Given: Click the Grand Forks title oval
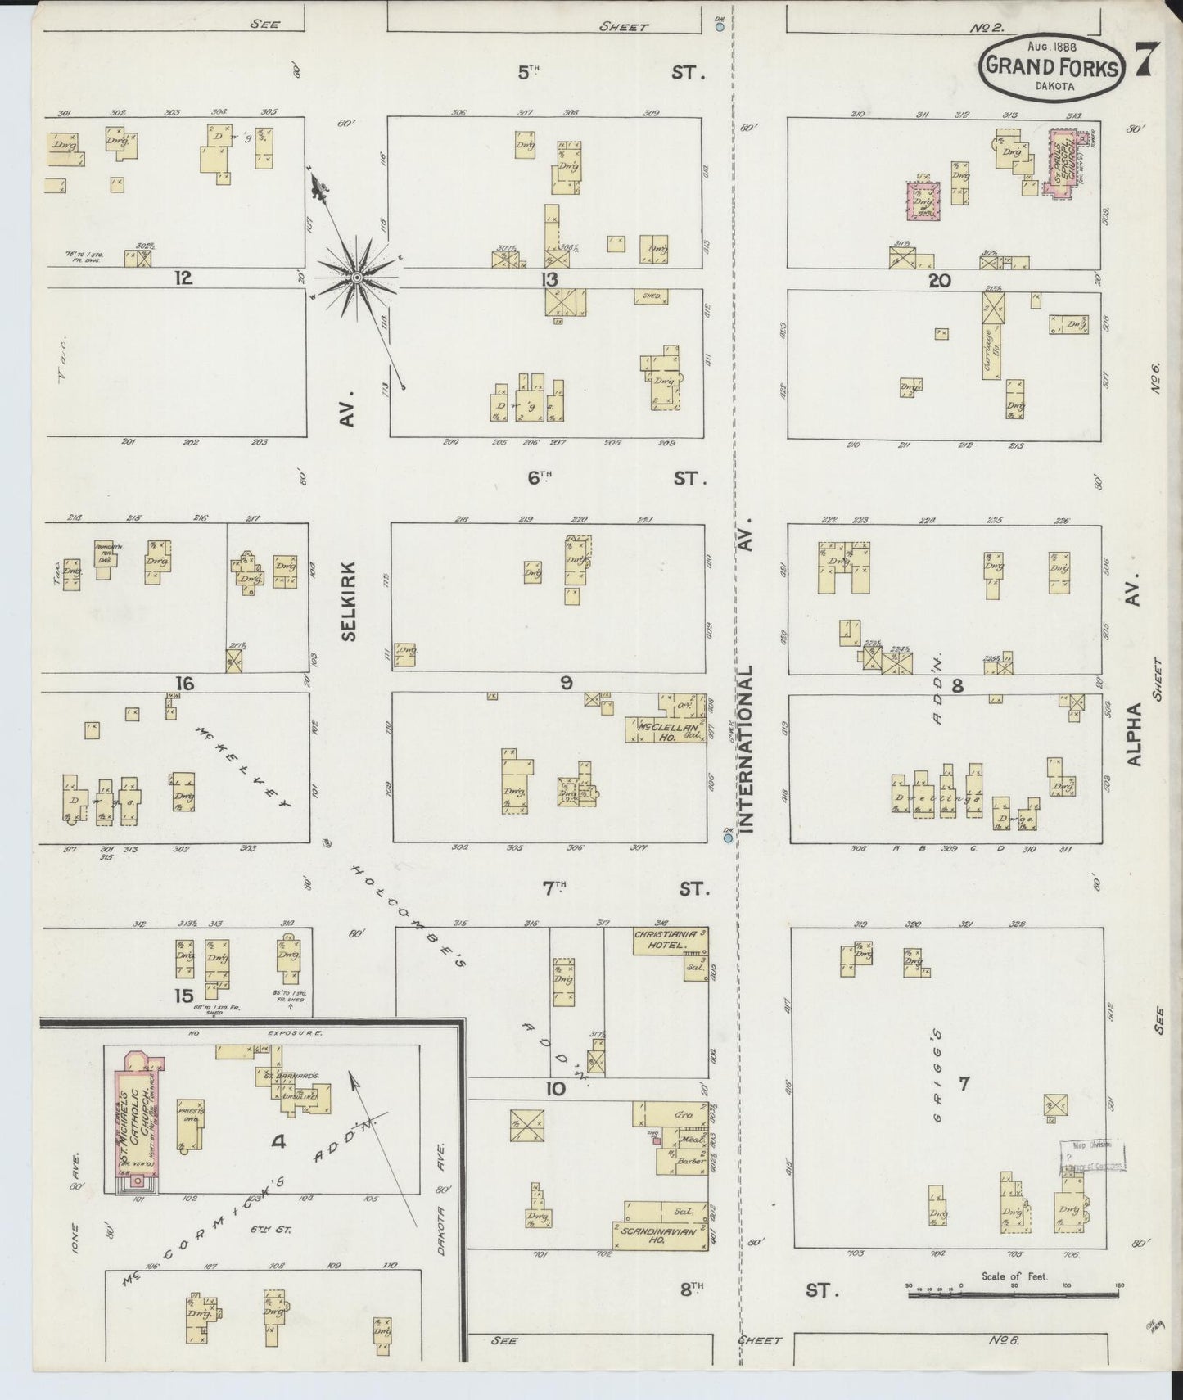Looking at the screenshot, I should pos(1051,65).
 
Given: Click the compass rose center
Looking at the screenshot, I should pos(357,279).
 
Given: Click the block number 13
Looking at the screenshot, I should pos(549,281).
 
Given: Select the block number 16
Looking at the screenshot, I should pos(184,683).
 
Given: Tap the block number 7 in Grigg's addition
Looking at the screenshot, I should pos(964,1084).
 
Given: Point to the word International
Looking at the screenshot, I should pos(747,747).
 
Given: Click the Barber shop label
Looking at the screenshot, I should pos(686,1160).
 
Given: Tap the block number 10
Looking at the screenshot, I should pos(555,1088).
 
